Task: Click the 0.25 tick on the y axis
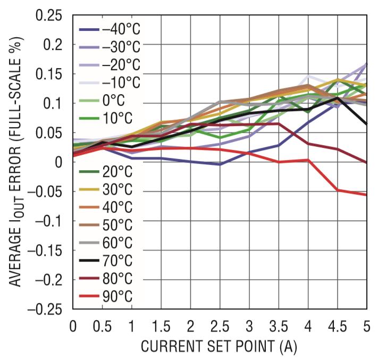[x=49, y=15]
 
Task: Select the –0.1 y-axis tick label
[x=49, y=220]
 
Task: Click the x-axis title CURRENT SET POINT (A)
[x=219, y=347]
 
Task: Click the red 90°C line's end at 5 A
[x=366, y=195]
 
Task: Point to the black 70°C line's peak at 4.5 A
[x=337, y=97]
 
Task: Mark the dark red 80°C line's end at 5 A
[x=366, y=162]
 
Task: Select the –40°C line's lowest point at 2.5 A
[x=220, y=164]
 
